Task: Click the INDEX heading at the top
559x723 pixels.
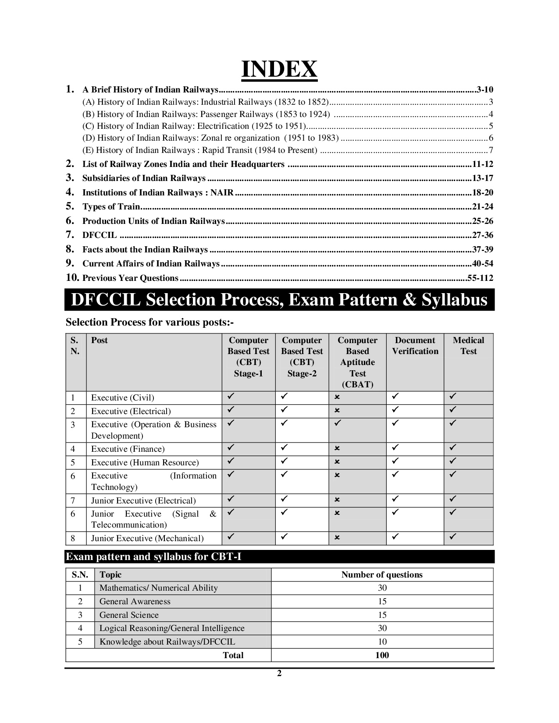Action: click(x=279, y=69)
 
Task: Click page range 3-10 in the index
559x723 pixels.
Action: click(x=484, y=90)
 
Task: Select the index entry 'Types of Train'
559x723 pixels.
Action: click(x=111, y=207)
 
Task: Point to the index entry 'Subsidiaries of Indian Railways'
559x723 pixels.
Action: click(x=144, y=178)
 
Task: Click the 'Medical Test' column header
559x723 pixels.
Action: click(x=468, y=346)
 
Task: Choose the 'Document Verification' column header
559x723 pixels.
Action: click(x=415, y=346)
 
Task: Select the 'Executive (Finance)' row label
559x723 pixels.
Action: click(x=128, y=449)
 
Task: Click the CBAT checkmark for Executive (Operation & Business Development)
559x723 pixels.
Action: click(x=337, y=423)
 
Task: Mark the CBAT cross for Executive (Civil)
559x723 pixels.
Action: click(x=337, y=397)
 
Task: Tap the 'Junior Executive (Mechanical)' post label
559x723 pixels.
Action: click(x=147, y=539)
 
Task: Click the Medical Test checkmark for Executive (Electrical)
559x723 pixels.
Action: click(x=453, y=410)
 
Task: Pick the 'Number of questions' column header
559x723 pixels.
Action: click(x=382, y=575)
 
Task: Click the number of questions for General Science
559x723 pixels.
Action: click(x=382, y=615)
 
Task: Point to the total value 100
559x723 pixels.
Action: click(x=382, y=656)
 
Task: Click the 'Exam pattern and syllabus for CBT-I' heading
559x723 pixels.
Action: click(x=153, y=557)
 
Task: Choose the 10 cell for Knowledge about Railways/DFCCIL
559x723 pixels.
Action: click(x=382, y=642)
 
